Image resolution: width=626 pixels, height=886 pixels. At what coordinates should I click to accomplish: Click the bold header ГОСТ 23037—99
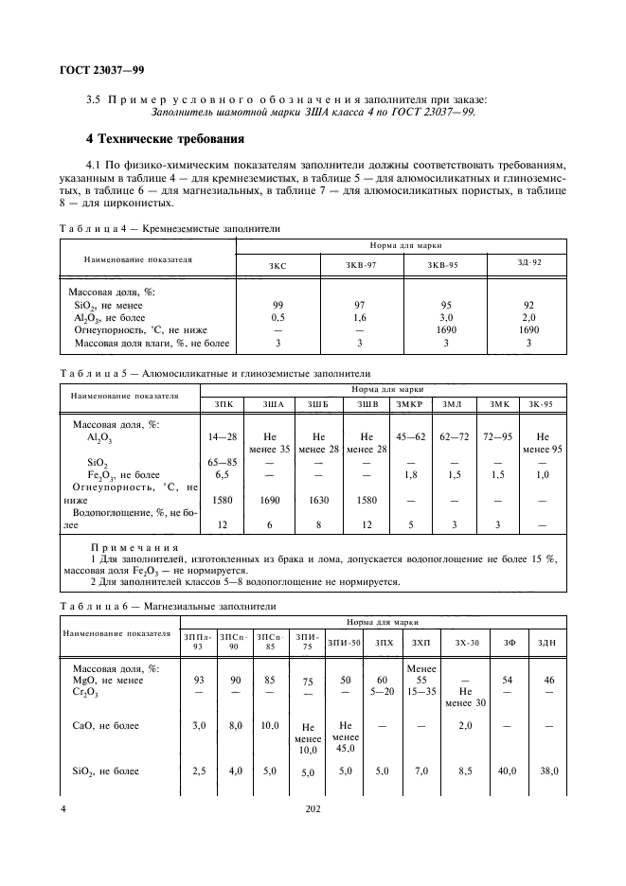click(x=102, y=70)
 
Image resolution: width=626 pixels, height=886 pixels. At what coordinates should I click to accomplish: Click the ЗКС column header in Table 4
click(x=277, y=266)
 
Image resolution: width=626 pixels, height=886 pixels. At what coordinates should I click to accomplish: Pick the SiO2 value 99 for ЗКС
click(x=277, y=306)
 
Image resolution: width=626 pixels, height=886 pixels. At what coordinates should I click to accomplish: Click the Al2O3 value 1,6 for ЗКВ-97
click(x=361, y=318)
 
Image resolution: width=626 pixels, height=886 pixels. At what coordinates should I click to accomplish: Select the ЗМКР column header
click(x=410, y=404)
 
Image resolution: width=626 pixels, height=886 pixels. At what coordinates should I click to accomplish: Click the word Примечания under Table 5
click(x=127, y=548)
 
